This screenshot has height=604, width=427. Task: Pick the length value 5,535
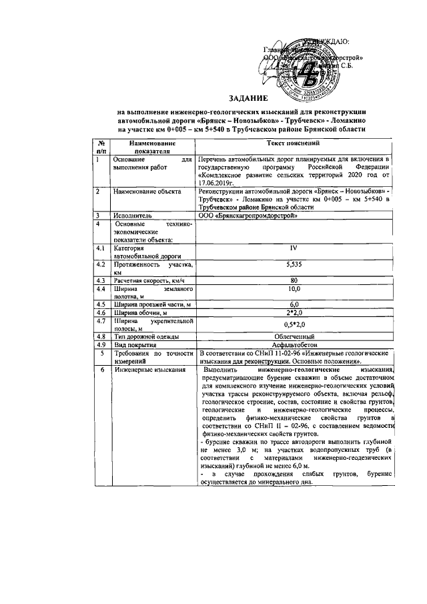pos(293,265)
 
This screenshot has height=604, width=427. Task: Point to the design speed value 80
pos(293,280)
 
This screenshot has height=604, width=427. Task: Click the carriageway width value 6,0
pos(293,304)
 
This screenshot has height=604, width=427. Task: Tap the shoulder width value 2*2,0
pos(293,312)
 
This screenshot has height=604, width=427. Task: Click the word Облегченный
pos(294,336)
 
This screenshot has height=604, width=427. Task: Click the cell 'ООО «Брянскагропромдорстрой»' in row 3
pos(245,216)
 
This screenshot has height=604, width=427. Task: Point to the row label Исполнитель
pos(131,216)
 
